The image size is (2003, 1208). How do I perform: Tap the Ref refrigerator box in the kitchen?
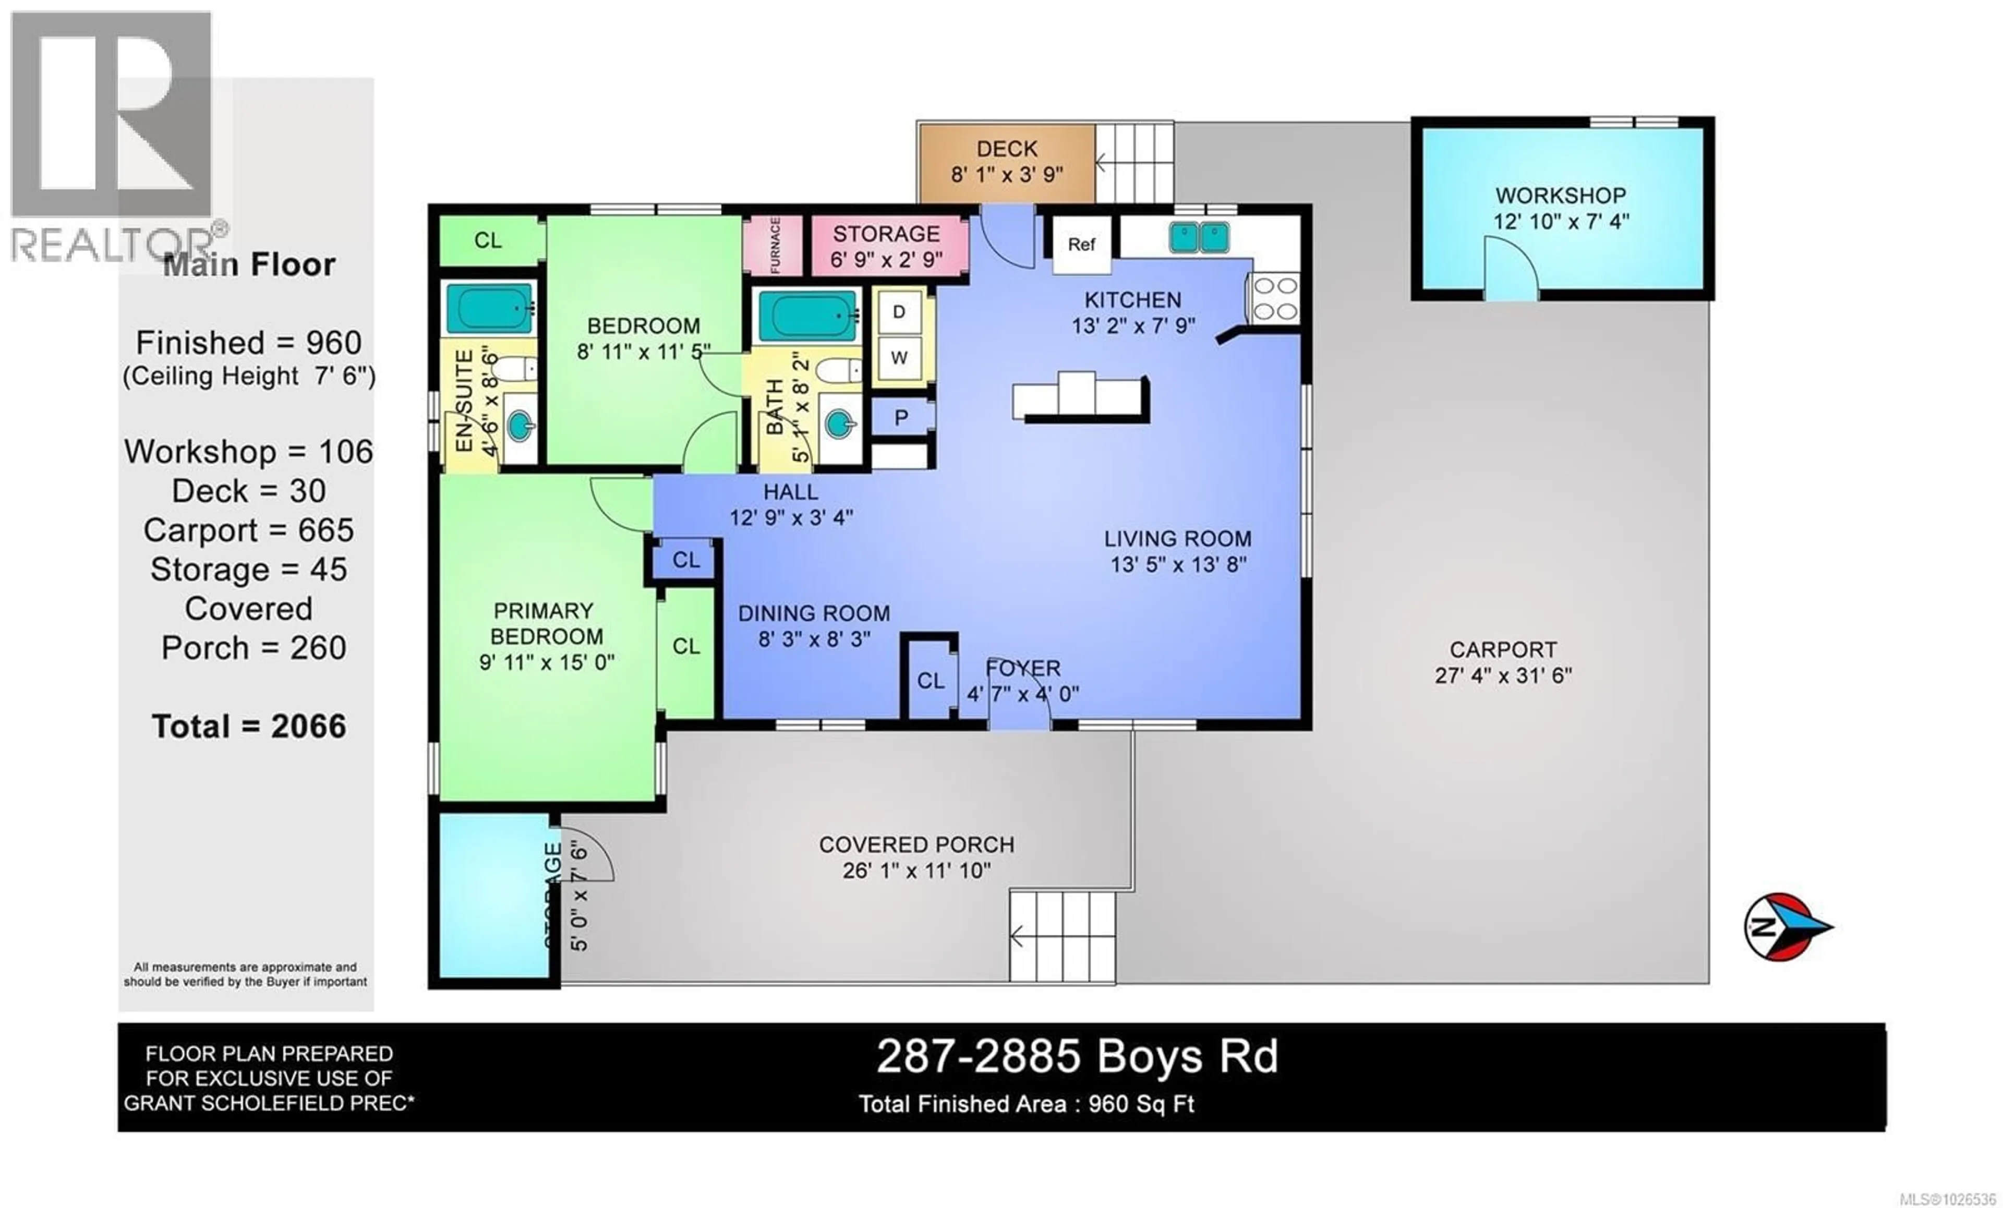coord(1081,245)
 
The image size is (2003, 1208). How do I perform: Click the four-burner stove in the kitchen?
coord(1275,298)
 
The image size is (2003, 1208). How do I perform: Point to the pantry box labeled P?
coord(901,418)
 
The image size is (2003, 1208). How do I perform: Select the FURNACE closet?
coord(774,245)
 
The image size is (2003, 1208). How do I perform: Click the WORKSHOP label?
coord(1560,196)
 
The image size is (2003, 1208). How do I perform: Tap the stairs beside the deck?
coord(1134,163)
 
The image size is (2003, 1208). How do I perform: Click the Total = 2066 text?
coord(249,726)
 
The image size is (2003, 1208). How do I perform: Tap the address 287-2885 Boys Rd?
coord(1077,1057)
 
